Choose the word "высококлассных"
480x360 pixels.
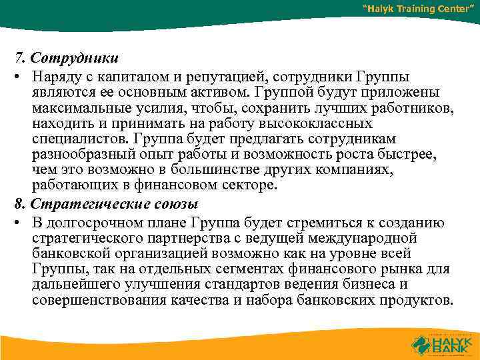click(306, 125)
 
